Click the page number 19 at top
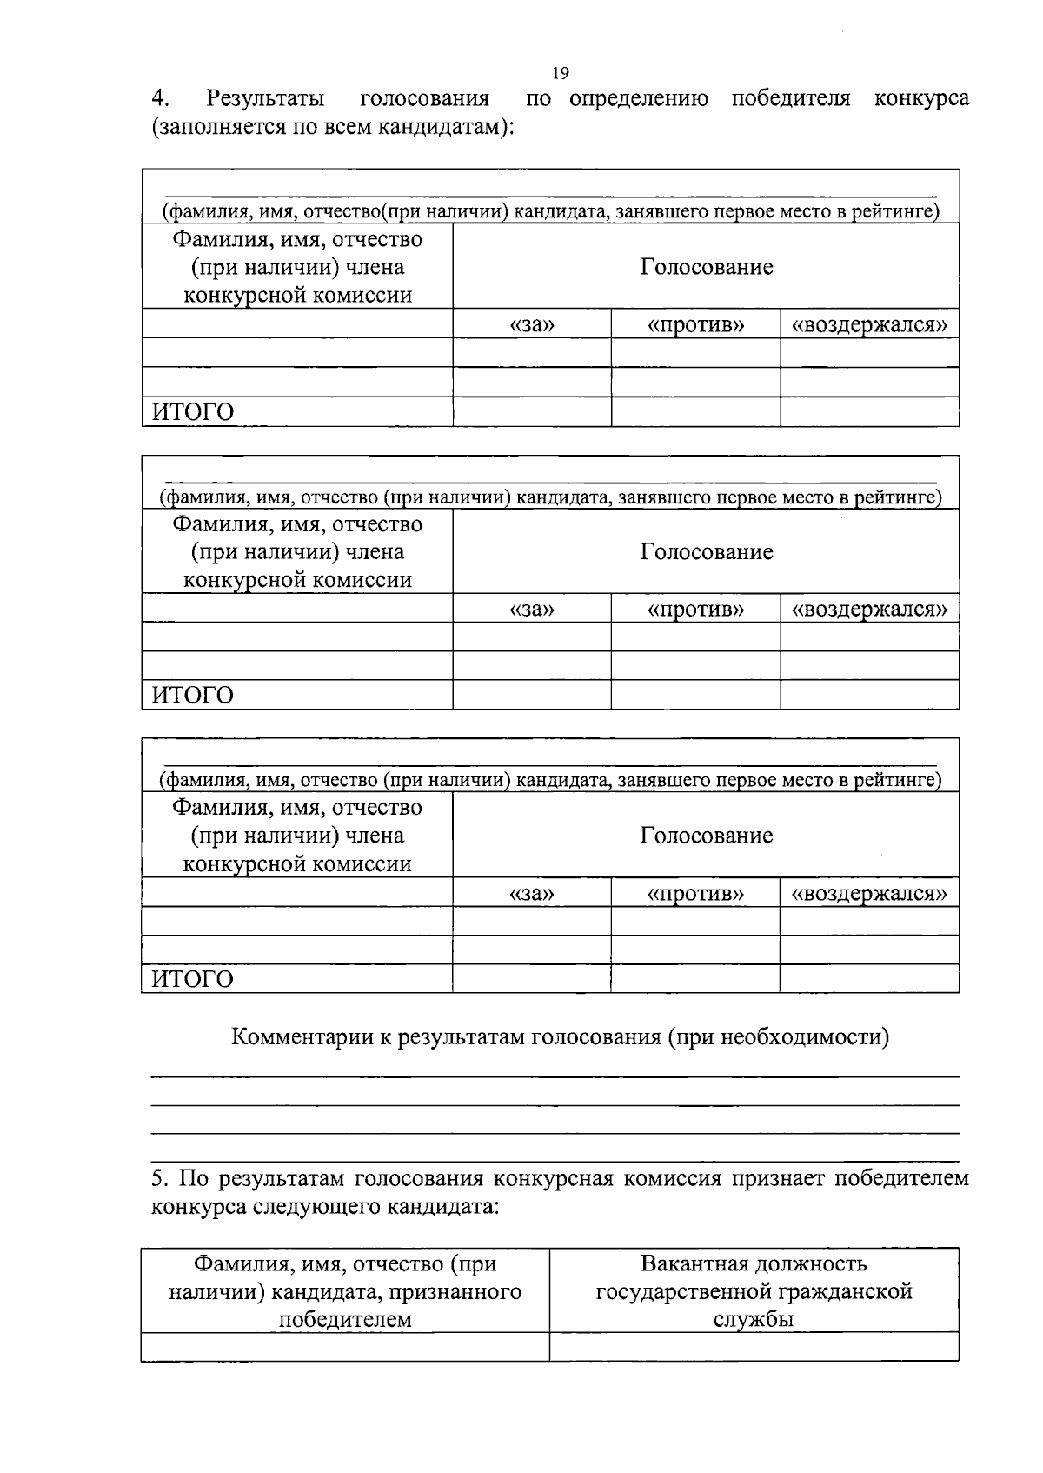[560, 73]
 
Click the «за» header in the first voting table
[531, 325]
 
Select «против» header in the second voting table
[695, 609]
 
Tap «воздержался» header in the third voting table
[868, 893]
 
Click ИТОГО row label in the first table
[193, 412]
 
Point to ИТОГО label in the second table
[193, 696]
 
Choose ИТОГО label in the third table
[193, 980]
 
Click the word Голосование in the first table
[706, 266]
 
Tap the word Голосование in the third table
[706, 836]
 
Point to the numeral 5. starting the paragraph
[159, 1179]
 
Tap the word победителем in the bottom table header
[345, 1319]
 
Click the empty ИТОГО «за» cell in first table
[531, 412]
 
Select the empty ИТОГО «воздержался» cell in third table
[868, 979]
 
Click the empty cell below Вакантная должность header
[754, 1347]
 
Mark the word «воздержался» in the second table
[868, 609]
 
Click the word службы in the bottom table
[754, 1319]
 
